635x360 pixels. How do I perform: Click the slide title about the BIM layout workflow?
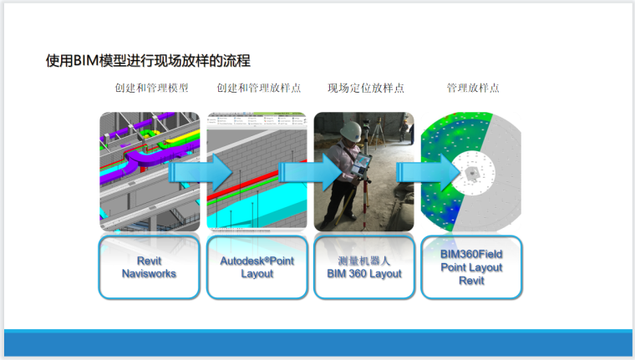[148, 61]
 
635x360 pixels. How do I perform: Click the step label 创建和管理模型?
[151, 88]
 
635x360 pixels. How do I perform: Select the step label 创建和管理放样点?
[258, 88]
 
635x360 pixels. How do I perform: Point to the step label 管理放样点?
[473, 88]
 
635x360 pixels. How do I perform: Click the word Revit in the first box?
[149, 261]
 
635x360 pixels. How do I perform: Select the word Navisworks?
[149, 273]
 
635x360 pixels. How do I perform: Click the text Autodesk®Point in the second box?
[257, 261]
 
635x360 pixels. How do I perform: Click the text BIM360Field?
[471, 253]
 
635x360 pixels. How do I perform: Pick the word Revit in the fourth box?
[471, 281]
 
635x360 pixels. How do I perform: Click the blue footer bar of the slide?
[317, 342]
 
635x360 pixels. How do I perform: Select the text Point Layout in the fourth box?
[471, 267]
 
